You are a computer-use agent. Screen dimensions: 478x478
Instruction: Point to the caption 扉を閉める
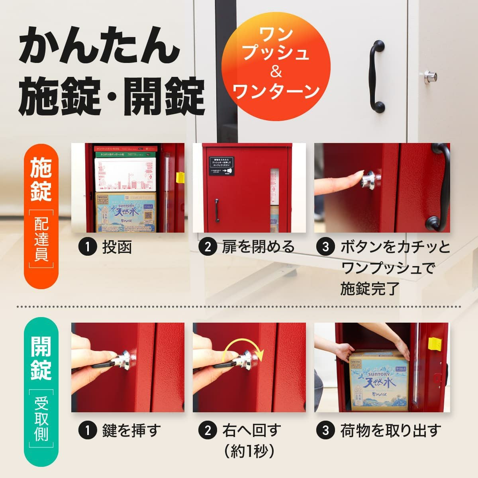click(x=258, y=247)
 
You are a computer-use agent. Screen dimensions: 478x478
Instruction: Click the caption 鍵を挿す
click(x=131, y=430)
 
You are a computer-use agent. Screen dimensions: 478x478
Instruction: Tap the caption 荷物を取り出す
click(x=391, y=430)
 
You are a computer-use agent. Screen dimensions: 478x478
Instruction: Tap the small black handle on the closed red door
click(x=217, y=210)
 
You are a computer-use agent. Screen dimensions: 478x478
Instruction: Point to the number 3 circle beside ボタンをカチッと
click(x=325, y=247)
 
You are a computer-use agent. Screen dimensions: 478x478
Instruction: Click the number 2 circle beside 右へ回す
click(x=208, y=430)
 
